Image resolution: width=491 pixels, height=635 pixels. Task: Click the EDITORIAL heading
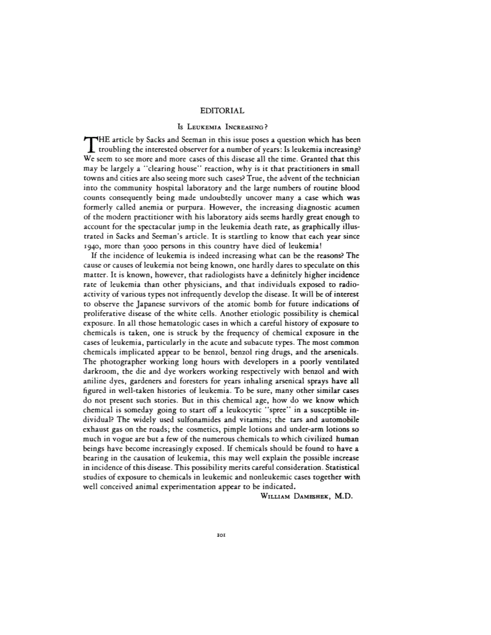(x=222, y=111)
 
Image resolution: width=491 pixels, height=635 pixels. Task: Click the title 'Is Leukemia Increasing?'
(x=222, y=128)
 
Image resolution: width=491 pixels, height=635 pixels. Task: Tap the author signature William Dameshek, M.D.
(x=305, y=497)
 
